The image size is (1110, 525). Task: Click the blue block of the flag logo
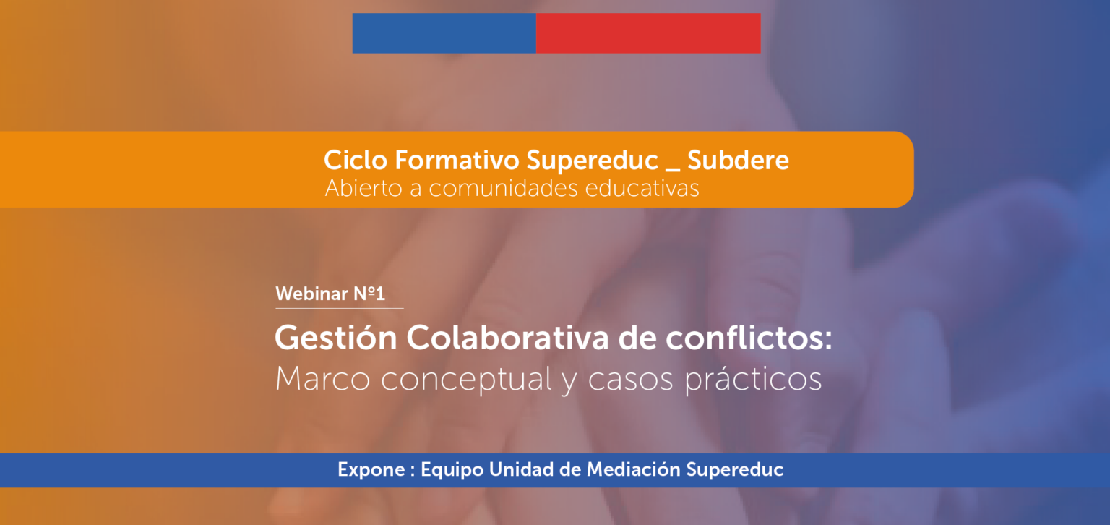click(x=444, y=33)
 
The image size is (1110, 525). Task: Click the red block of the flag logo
click(x=648, y=33)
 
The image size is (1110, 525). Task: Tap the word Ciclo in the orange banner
click(x=356, y=160)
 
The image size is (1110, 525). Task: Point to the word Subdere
click(x=738, y=160)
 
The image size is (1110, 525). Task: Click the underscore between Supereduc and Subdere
click(x=673, y=169)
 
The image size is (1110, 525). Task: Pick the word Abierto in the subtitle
click(x=363, y=189)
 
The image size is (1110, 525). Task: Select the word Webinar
click(x=311, y=294)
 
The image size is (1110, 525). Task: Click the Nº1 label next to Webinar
click(x=369, y=294)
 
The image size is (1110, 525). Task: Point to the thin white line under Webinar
click(x=340, y=308)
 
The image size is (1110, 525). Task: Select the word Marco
click(x=322, y=379)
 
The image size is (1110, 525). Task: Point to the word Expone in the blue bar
click(x=371, y=469)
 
